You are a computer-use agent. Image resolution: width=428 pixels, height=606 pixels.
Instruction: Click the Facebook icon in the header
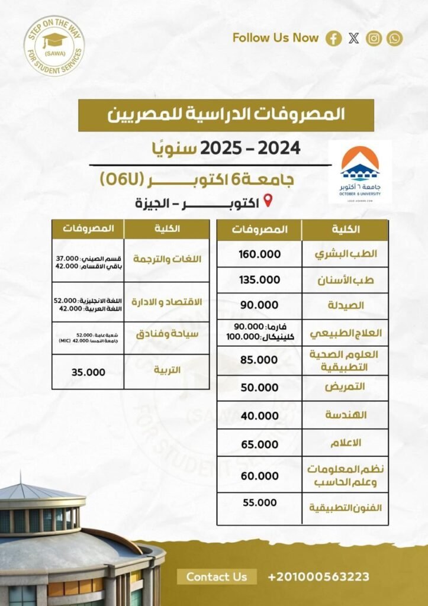[x=334, y=38]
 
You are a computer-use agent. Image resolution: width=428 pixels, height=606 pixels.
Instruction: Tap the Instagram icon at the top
[x=374, y=38]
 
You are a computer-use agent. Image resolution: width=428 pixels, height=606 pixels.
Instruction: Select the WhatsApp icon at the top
[x=394, y=38]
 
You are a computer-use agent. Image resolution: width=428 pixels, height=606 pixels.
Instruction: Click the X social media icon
[x=354, y=38]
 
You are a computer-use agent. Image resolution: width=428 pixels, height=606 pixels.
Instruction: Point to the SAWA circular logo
[x=54, y=46]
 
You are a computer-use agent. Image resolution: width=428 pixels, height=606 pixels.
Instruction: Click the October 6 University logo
[x=360, y=172]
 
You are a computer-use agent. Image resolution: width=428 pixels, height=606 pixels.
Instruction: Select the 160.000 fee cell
[x=259, y=254]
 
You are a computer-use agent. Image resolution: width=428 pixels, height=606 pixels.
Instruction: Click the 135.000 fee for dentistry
[x=259, y=279]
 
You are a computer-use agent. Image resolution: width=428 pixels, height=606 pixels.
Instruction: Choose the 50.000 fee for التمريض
[x=259, y=387]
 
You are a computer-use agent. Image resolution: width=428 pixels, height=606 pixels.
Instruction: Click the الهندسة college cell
[x=346, y=415]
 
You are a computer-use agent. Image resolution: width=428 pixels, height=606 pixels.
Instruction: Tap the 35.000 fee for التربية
[x=88, y=372]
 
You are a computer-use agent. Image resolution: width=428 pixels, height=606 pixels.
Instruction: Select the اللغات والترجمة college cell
[x=168, y=260]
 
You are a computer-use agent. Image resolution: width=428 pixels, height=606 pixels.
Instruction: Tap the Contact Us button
[x=217, y=576]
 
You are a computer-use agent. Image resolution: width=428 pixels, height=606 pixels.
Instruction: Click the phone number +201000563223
[x=318, y=576]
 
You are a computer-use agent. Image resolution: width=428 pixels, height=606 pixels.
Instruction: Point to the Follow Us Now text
[x=275, y=38]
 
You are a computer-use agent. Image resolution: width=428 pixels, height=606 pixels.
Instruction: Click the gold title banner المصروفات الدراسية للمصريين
[x=226, y=115]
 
